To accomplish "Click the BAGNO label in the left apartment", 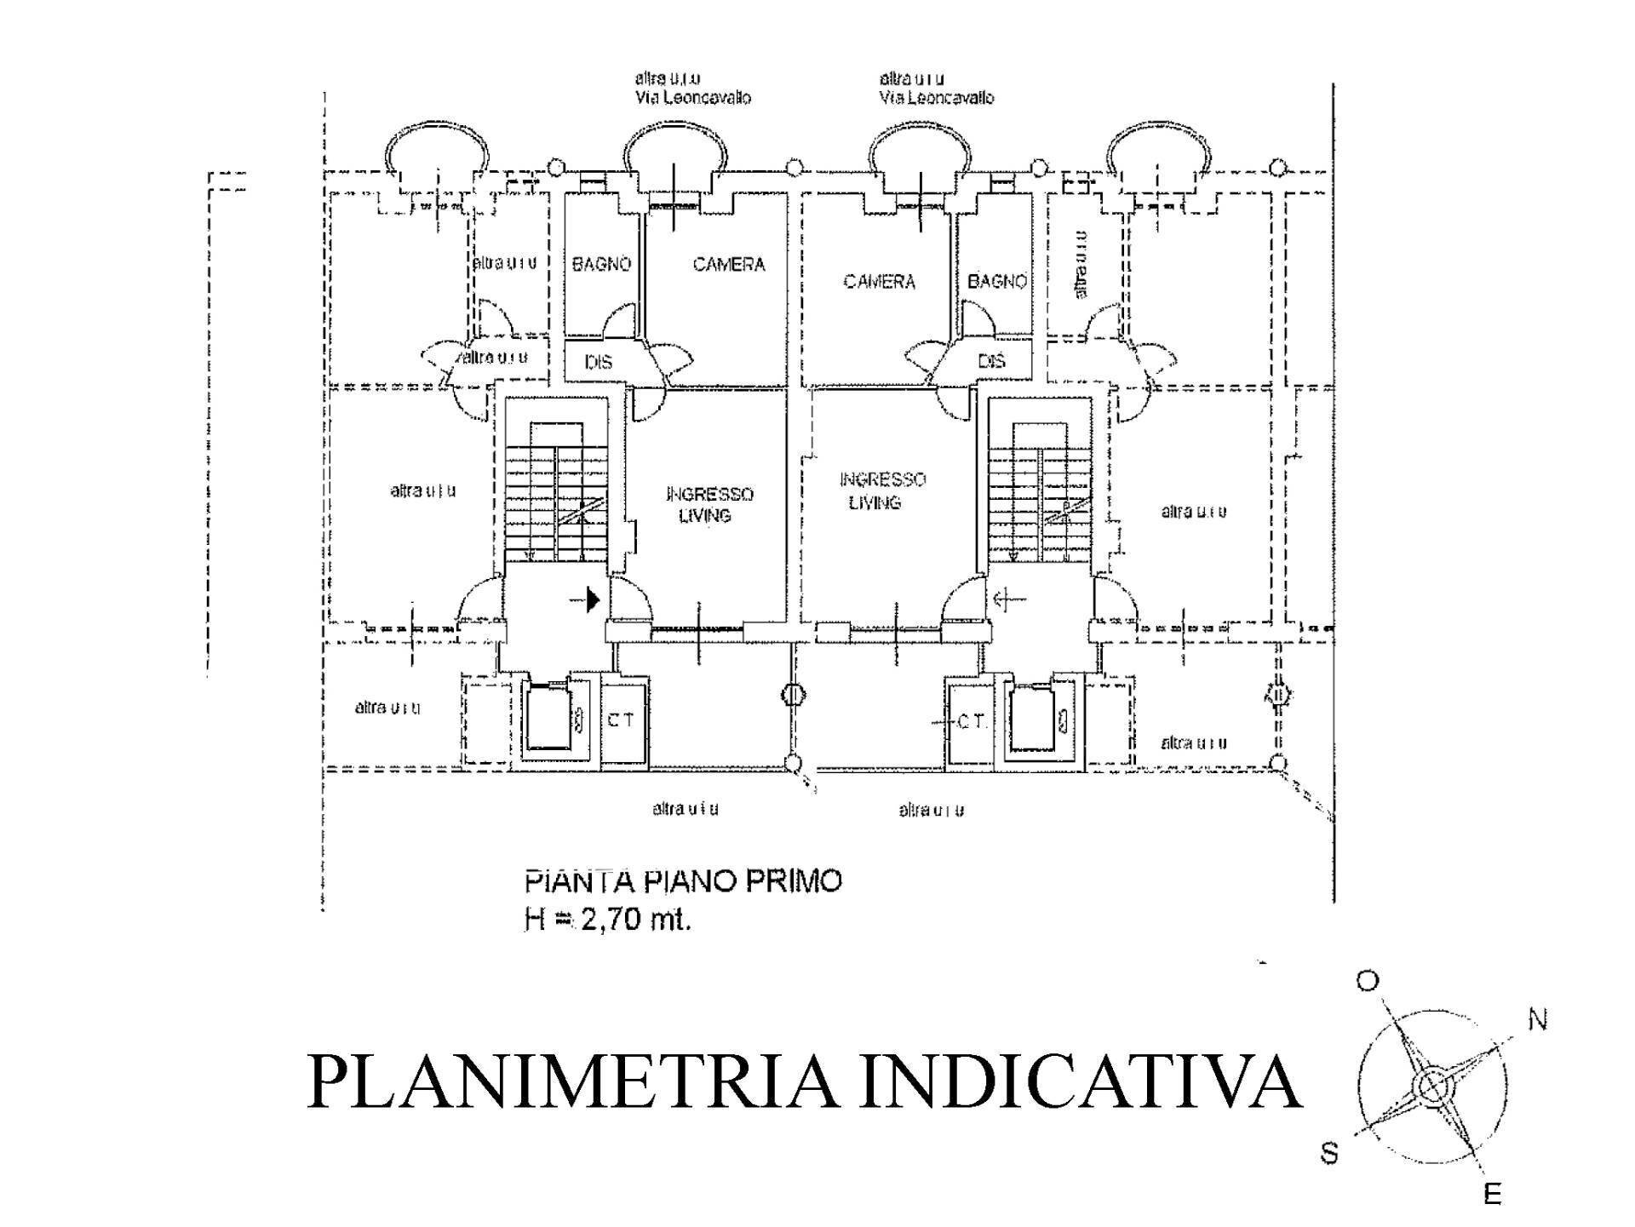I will click(601, 264).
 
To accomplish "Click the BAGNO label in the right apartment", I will click(996, 280).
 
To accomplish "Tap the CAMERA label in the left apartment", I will click(729, 264).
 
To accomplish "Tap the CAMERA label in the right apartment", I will click(879, 280).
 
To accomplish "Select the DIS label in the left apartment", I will click(598, 362).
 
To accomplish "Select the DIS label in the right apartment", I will click(992, 360).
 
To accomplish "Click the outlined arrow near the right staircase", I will click(1009, 599).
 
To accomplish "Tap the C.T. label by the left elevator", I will click(620, 720).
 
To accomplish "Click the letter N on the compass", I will click(1537, 1018).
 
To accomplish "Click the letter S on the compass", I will click(1329, 1154).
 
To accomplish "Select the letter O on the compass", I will click(1367, 982).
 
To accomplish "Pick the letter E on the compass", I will click(1492, 1195).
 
